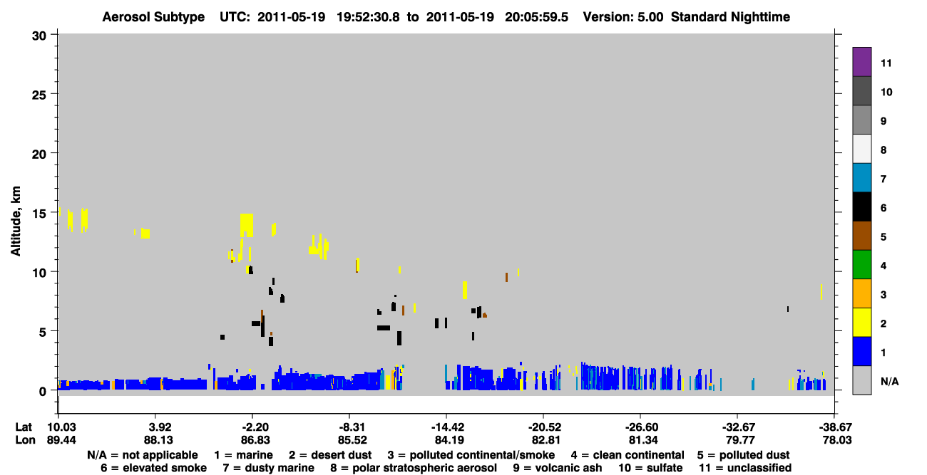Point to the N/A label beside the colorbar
pos(889,382)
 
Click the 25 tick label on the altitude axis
pos(39,95)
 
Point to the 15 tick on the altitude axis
pos(39,214)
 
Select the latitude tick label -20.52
pos(544,427)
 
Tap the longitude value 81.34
pos(643,440)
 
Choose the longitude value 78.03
pos(836,440)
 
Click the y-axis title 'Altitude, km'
pos(16,221)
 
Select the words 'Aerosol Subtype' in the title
pos(153,17)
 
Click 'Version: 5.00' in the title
pos(623,17)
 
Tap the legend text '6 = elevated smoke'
pos(153,468)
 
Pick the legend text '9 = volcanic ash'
pos(558,468)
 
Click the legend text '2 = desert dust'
pos(330,455)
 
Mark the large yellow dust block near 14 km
pos(247,225)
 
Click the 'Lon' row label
pos(25,440)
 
